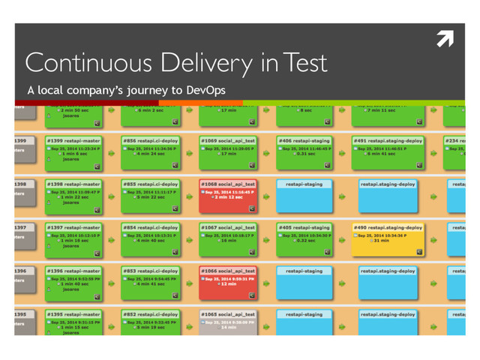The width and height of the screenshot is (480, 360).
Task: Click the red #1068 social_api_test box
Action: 229,193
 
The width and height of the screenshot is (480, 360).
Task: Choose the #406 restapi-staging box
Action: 307,151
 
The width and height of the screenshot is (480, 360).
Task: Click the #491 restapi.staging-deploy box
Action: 388,151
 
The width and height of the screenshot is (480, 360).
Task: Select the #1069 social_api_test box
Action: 229,151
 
